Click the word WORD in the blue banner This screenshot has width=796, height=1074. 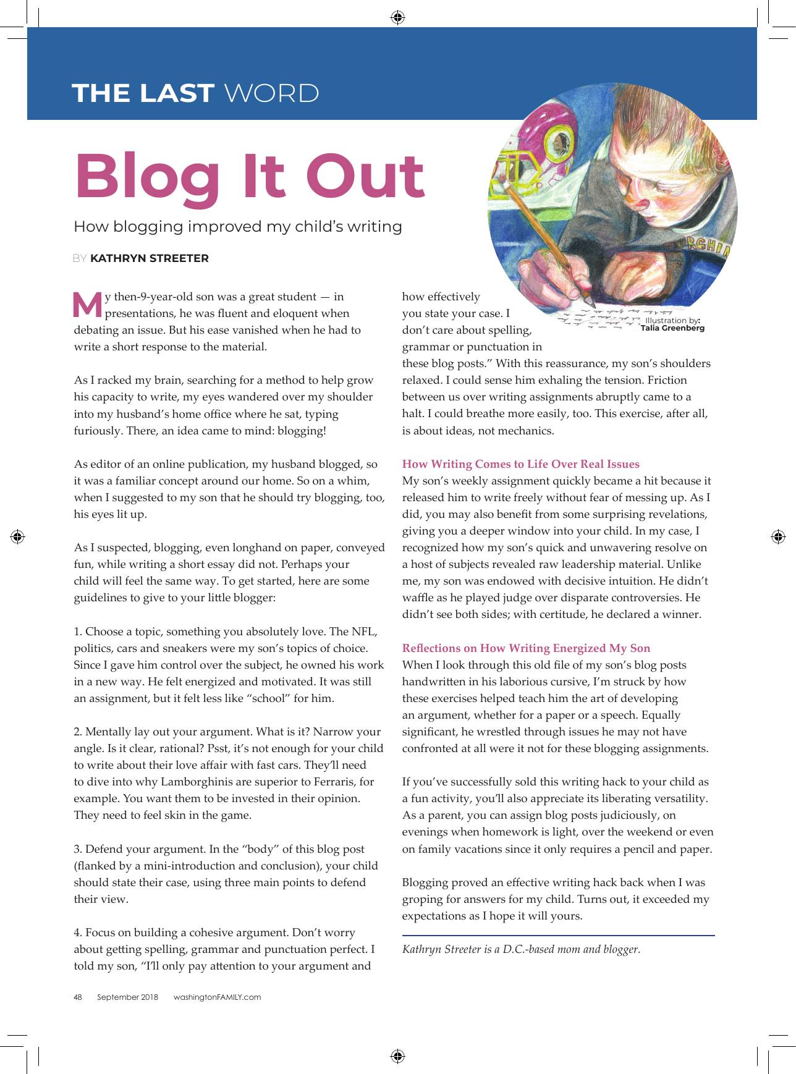pyautogui.click(x=271, y=93)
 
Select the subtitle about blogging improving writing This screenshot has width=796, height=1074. pyautogui.click(x=238, y=227)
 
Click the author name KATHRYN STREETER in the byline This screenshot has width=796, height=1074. pyautogui.click(x=150, y=258)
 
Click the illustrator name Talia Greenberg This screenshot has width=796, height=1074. pyautogui.click(x=672, y=328)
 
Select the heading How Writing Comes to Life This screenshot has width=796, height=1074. pyautogui.click(x=520, y=464)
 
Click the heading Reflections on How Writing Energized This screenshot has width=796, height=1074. pyautogui.click(x=526, y=648)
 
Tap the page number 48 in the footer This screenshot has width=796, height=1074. pyautogui.click(x=78, y=997)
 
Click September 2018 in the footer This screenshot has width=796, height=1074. pyautogui.click(x=127, y=997)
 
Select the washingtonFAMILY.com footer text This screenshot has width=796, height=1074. pyautogui.click(x=217, y=997)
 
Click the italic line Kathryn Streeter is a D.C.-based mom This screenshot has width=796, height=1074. pyautogui.click(x=521, y=949)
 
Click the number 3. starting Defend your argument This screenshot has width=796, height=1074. pyautogui.click(x=78, y=849)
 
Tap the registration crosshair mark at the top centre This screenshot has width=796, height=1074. pyautogui.click(x=398, y=17)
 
